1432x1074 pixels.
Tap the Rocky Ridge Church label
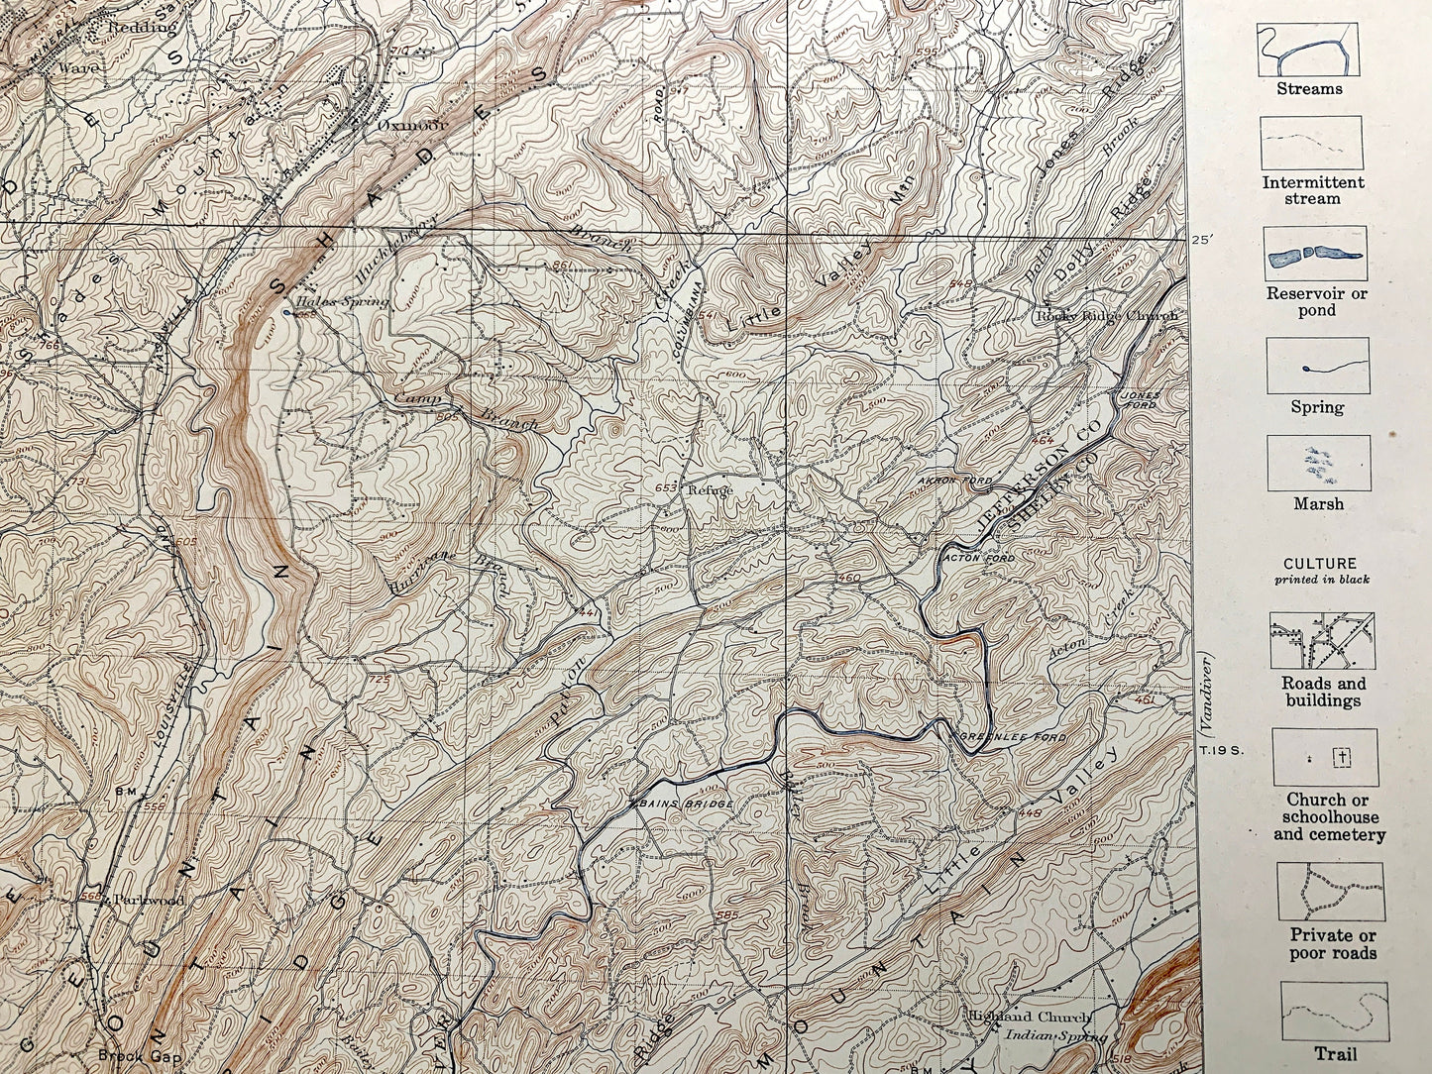tap(1107, 316)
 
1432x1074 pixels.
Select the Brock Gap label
tap(132, 1054)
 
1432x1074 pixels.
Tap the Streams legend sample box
tap(1308, 51)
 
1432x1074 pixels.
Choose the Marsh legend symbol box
tap(1318, 463)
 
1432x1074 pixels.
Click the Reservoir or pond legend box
tap(1315, 255)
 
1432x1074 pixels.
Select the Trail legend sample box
tap(1334, 1012)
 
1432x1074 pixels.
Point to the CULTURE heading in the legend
tap(1319, 564)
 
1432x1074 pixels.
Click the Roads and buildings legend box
tap(1322, 640)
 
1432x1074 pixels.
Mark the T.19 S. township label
tap(1221, 750)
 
